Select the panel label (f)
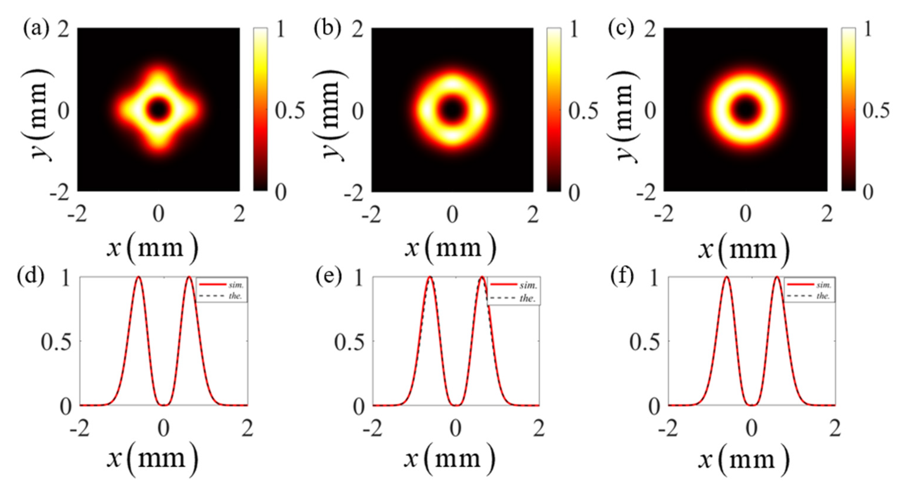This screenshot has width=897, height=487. pyautogui.click(x=623, y=277)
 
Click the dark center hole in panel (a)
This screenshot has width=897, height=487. pyautogui.click(x=159, y=109)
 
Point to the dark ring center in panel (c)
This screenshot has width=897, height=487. pyautogui.click(x=745, y=109)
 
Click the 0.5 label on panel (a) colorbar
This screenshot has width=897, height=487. pyautogui.click(x=290, y=111)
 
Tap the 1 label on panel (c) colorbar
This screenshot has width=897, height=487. pyautogui.click(x=868, y=30)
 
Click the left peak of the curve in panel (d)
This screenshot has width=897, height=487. pyautogui.click(x=139, y=277)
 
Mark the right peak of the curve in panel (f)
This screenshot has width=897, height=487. pyautogui.click(x=777, y=277)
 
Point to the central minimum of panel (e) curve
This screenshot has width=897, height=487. pyautogui.click(x=456, y=405)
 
